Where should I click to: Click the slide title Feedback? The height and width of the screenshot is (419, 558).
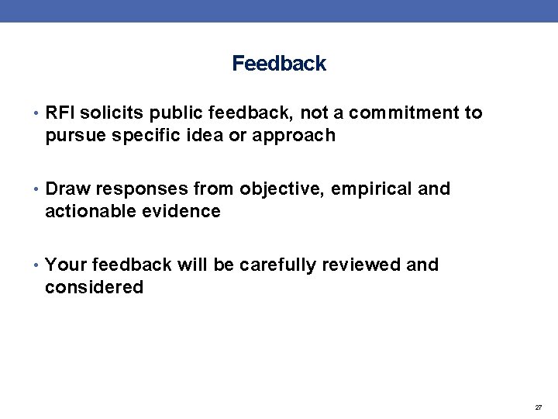click(x=279, y=64)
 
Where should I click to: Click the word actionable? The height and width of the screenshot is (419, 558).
click(x=89, y=212)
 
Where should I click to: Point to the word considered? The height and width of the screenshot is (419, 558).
click(x=94, y=288)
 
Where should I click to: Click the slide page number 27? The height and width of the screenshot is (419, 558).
click(x=538, y=407)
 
